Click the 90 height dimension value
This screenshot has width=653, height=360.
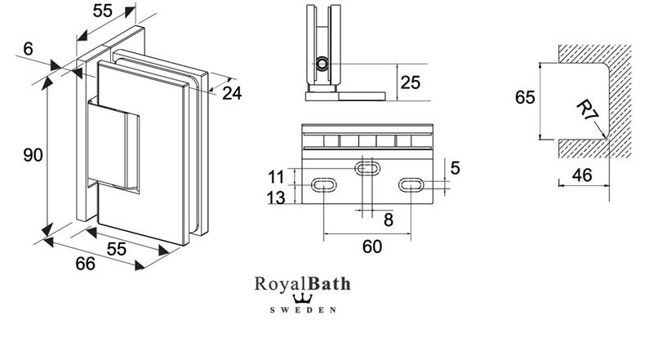[x=32, y=154]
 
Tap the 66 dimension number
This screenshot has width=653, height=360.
[x=86, y=264]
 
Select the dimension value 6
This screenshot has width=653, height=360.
[x=29, y=49]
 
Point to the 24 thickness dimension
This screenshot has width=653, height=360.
[x=232, y=93]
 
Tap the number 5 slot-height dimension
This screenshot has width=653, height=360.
[x=455, y=168]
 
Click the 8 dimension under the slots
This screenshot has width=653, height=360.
[x=389, y=220]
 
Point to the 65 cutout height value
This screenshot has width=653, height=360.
[x=526, y=98]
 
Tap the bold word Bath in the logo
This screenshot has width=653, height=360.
[x=329, y=284]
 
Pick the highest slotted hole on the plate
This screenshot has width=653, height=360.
[x=366, y=169]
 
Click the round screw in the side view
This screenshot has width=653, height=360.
[x=323, y=64]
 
